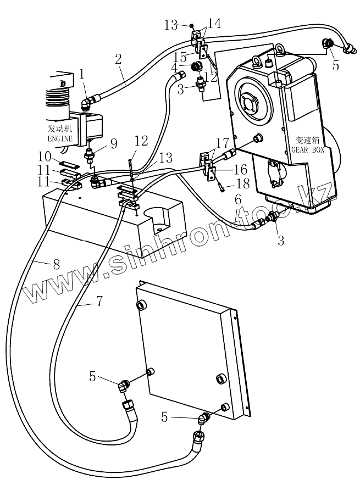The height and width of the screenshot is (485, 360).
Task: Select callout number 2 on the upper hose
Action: (119, 58)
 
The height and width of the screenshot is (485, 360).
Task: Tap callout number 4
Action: (174, 67)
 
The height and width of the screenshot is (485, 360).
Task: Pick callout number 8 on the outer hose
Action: (56, 263)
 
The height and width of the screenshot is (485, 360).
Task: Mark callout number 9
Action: (114, 144)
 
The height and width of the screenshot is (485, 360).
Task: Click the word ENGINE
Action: (60, 140)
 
